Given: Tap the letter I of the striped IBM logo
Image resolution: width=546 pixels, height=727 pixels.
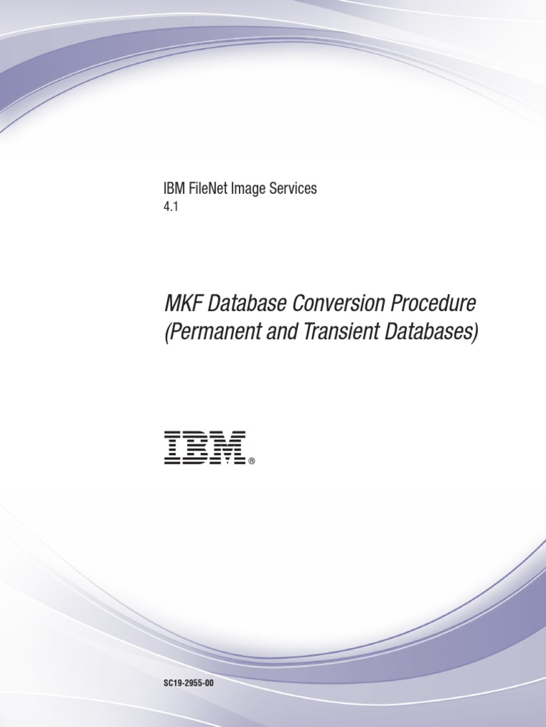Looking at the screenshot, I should pyautogui.click(x=171, y=447).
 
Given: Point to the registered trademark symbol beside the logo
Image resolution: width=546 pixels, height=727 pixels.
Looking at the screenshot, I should pyautogui.click(x=252, y=461).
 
